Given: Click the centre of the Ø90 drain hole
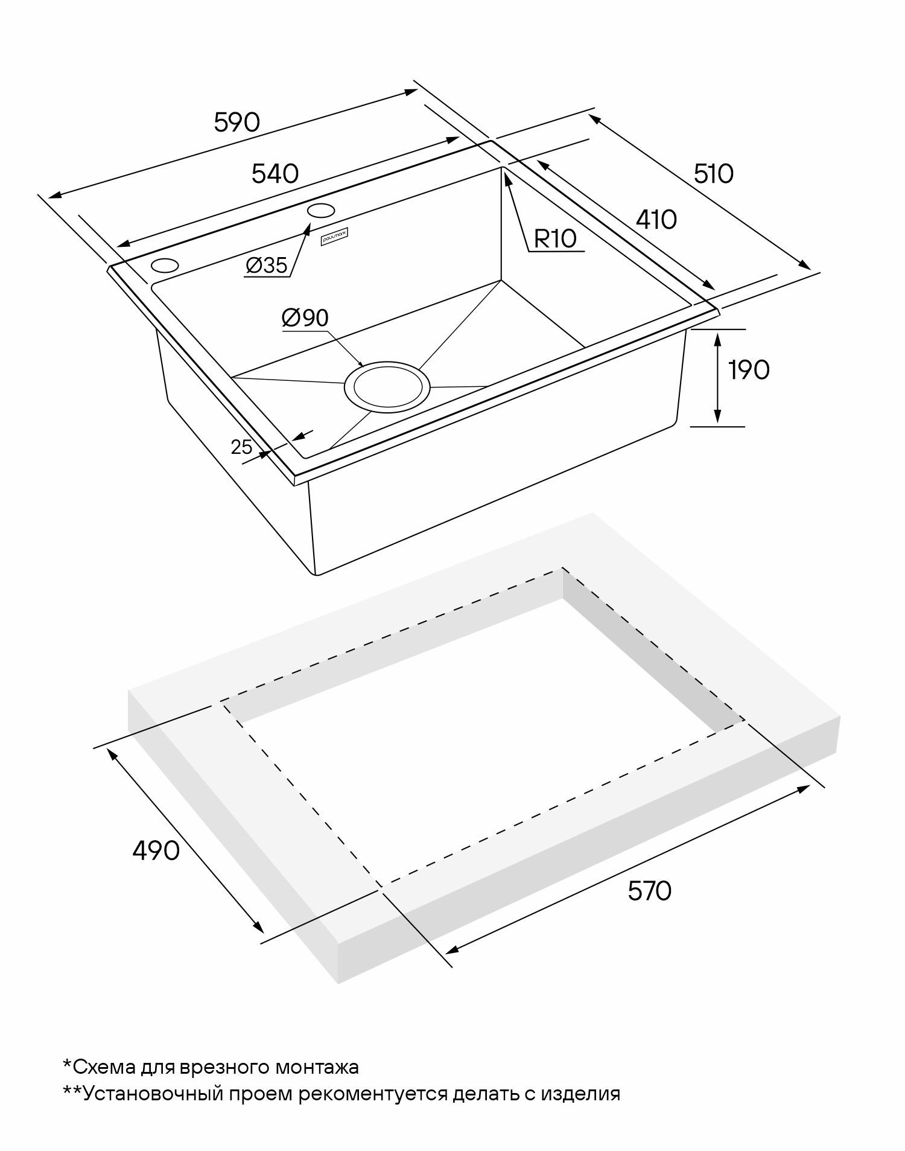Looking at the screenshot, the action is [x=387, y=387].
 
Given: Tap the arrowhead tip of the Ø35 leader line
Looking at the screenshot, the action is [x=311, y=223].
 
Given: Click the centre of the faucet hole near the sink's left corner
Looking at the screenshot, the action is [x=165, y=266].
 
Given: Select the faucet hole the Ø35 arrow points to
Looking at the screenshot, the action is [x=321, y=210].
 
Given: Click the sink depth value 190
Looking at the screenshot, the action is [x=749, y=370].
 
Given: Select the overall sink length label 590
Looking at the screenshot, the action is [x=237, y=123].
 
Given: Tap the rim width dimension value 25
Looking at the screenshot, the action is [x=241, y=447].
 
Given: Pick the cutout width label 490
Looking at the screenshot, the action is [x=156, y=850].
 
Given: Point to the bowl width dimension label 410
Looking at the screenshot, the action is [x=656, y=220].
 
